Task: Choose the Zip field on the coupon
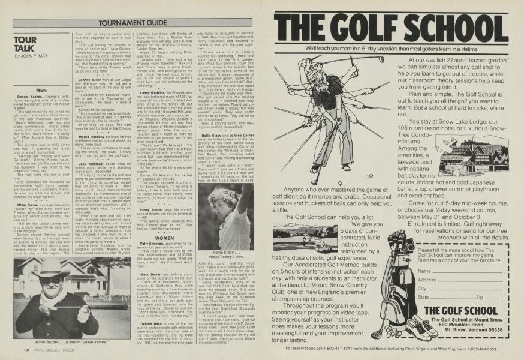492,296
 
